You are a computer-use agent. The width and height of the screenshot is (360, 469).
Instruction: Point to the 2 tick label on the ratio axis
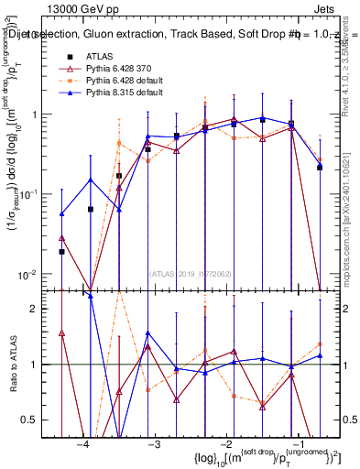click(x=40, y=309)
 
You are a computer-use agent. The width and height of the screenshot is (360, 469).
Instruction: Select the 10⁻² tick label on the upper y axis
click(x=31, y=275)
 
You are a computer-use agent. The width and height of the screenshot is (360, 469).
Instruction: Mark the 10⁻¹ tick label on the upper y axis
click(x=31, y=194)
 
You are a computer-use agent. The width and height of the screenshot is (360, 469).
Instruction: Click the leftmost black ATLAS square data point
click(x=61, y=251)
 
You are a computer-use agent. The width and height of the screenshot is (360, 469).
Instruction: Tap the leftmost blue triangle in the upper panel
click(x=61, y=214)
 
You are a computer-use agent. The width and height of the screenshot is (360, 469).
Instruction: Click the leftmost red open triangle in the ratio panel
click(x=61, y=333)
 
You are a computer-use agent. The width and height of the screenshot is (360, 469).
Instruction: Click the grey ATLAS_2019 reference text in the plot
click(x=191, y=274)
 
